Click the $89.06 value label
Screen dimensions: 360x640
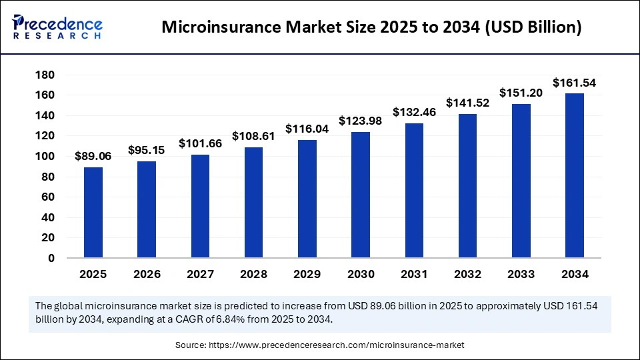[93, 156]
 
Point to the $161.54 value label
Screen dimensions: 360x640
[574, 83]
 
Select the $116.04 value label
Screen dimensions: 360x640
[307, 129]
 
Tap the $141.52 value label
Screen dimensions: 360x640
[467, 103]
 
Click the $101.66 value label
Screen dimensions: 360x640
[200, 143]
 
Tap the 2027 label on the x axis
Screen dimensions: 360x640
[200, 274]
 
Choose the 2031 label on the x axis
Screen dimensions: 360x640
[414, 274]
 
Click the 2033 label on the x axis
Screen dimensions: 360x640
[521, 274]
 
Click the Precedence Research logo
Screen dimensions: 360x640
[57, 27]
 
